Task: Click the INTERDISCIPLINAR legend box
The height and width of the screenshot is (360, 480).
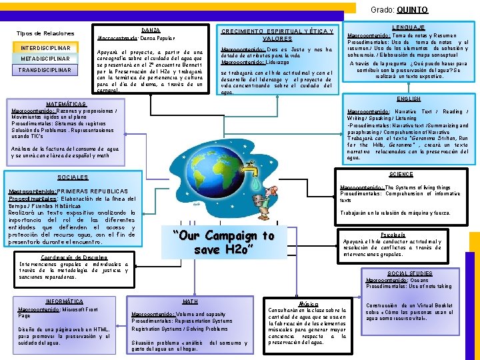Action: (45, 48)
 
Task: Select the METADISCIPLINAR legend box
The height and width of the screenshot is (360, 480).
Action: (45, 59)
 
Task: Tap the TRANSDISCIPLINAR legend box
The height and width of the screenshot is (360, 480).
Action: (45, 69)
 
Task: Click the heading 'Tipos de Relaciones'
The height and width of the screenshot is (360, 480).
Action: (45, 33)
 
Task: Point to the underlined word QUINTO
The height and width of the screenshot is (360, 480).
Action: (412, 10)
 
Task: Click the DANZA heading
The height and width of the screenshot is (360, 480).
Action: (151, 31)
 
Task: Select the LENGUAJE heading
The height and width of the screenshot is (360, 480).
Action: (409, 27)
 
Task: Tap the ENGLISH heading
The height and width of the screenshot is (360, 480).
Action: (409, 99)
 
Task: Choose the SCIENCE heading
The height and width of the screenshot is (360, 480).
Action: (401, 174)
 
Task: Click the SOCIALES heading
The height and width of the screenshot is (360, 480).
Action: (73, 177)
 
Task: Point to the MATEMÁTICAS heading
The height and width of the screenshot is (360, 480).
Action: (66, 104)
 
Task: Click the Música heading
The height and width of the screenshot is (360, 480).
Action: (309, 303)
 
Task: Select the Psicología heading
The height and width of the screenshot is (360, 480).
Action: (393, 235)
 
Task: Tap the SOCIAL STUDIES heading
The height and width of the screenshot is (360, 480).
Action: (409, 273)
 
